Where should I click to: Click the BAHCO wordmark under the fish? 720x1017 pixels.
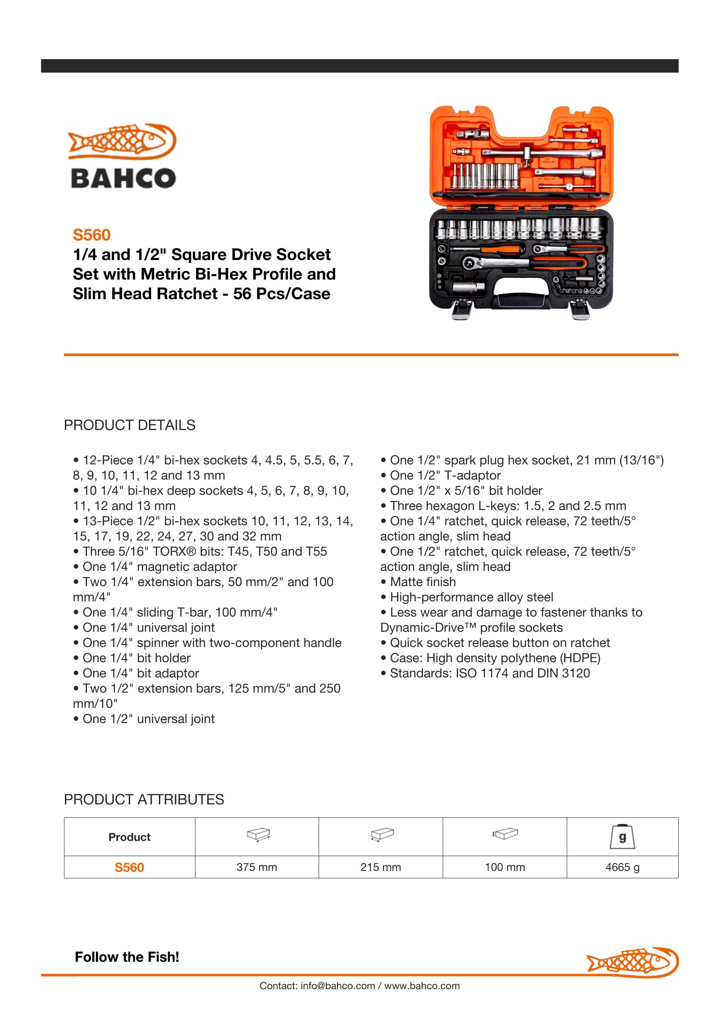[x=124, y=179]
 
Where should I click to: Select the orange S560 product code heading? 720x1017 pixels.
[x=91, y=235]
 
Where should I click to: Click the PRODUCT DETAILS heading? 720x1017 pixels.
[x=129, y=425]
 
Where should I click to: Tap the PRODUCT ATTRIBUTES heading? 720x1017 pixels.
[x=144, y=800]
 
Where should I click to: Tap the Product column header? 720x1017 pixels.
[x=129, y=837]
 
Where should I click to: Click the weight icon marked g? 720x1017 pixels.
[x=622, y=837]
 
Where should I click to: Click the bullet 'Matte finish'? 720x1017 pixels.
[x=423, y=582]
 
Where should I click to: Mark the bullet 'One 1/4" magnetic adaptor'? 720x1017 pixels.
[x=160, y=567]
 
